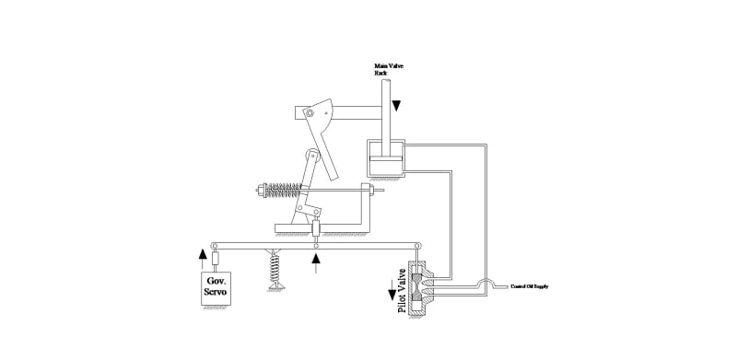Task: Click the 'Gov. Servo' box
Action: coord(217,287)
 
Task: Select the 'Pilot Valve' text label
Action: coord(402,293)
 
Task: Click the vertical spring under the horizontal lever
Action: coord(275,269)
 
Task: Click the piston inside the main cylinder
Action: coord(387,163)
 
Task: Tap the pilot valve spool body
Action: coord(420,286)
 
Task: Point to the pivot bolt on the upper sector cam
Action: coord(311,113)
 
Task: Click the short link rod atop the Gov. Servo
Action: coord(217,259)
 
